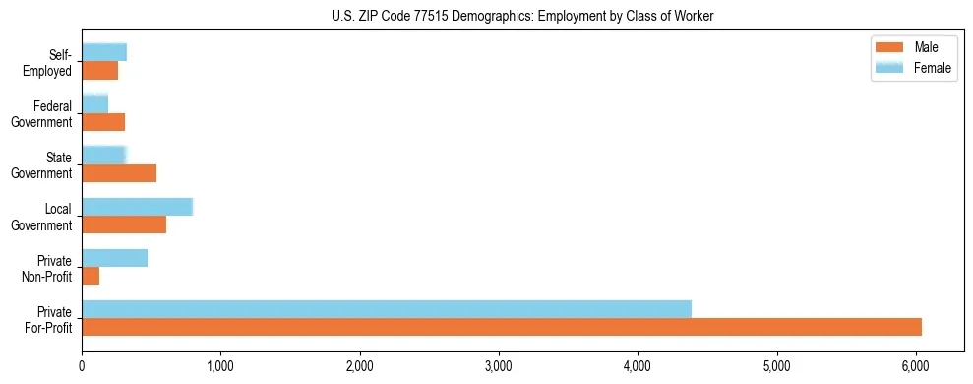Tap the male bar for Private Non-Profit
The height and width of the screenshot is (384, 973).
[x=91, y=276]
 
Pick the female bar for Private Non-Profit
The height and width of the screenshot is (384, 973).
[x=114, y=258]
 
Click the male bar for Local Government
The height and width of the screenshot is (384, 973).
[x=124, y=224]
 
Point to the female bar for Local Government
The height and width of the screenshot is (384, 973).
[x=137, y=207]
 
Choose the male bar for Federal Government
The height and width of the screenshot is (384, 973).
[x=103, y=122]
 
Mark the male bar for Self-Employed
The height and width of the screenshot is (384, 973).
[x=99, y=71]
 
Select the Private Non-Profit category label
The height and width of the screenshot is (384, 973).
[x=48, y=268]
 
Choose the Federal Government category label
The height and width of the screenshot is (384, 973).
[x=42, y=114]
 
